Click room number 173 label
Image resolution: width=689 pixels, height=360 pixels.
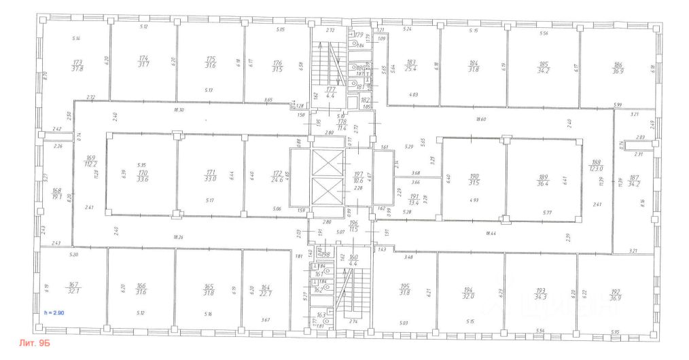pyautogui.click(x=77, y=65)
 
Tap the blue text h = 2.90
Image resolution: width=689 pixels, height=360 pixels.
pyautogui.click(x=53, y=312)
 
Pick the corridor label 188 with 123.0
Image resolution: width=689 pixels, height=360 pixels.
pyautogui.click(x=597, y=166)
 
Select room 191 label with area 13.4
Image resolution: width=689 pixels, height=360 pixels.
pyautogui.click(x=414, y=199)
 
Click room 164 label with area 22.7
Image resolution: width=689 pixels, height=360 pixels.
pyautogui.click(x=266, y=290)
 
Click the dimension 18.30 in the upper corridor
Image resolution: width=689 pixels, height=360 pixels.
pyautogui.click(x=179, y=109)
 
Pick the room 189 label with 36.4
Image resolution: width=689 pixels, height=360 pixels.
pyautogui.click(x=542, y=180)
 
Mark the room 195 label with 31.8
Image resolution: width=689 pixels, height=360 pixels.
pyautogui.click(x=404, y=290)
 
